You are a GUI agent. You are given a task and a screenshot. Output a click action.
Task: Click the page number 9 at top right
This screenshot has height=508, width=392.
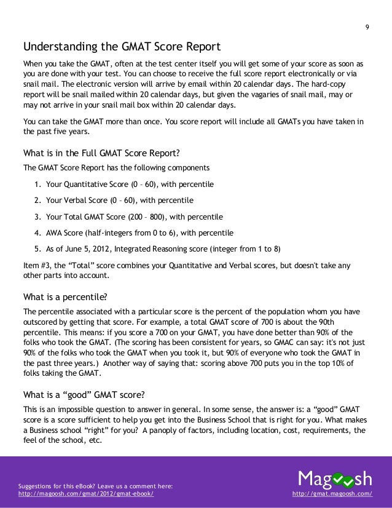coord(366,26)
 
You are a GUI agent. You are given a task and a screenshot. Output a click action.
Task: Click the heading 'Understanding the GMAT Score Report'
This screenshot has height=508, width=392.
coord(121,47)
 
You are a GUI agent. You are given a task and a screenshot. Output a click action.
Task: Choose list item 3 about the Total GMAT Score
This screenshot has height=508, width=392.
coord(129,217)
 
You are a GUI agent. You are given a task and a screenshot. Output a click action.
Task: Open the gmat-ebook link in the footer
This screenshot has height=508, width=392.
coord(87,494)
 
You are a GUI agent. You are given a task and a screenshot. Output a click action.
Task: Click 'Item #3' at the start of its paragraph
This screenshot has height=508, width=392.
coord(36,266)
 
